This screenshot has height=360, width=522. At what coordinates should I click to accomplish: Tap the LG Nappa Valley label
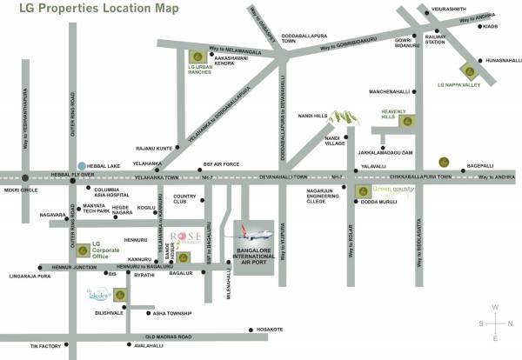coord(458,86)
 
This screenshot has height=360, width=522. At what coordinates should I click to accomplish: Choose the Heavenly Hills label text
coord(398,113)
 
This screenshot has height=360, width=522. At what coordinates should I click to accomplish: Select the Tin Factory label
coord(44,346)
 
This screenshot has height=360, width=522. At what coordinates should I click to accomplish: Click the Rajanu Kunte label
coord(154,148)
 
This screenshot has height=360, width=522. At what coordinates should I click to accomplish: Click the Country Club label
coord(185,199)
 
